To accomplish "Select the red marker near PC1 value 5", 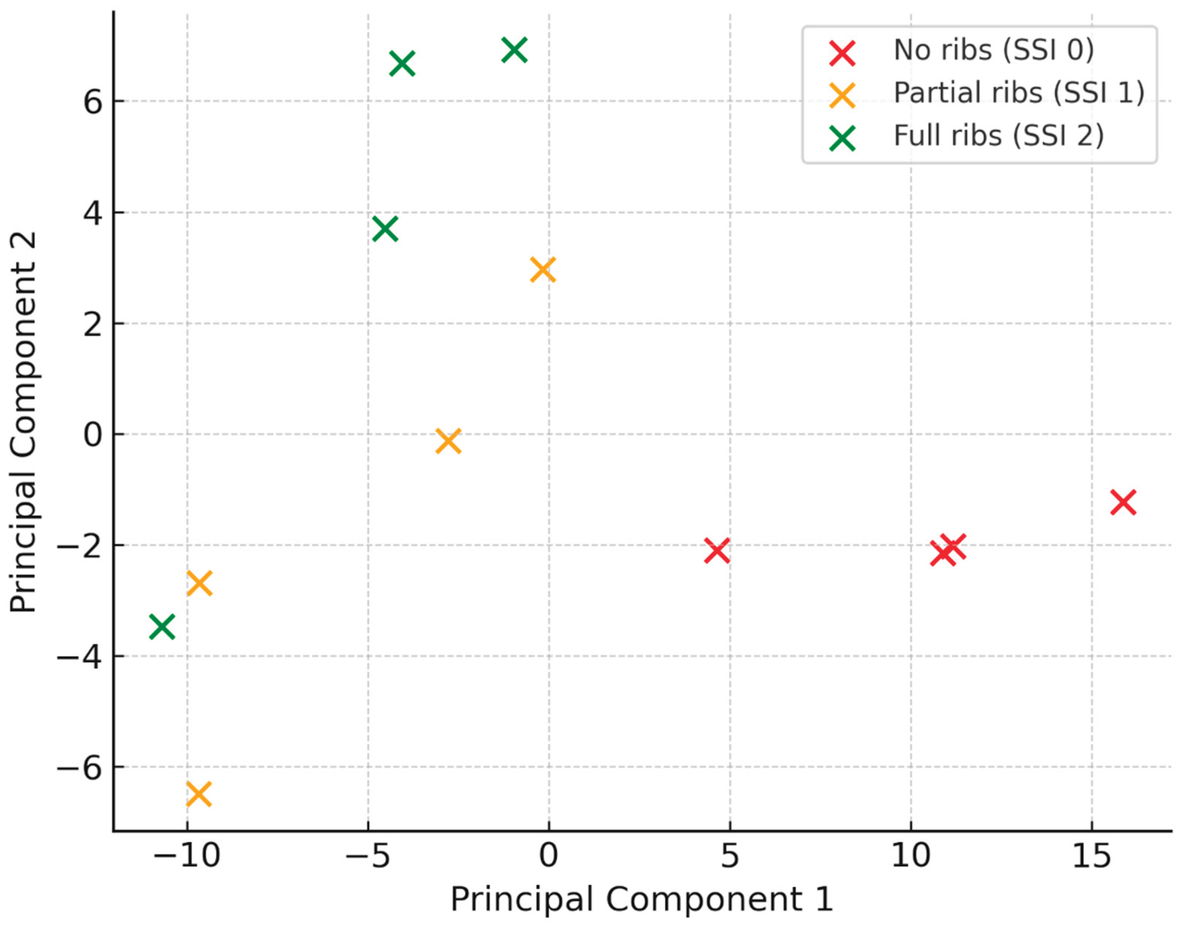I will coord(717,551).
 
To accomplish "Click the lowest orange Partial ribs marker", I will coord(199,794).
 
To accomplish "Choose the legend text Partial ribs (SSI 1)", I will coord(1019,93).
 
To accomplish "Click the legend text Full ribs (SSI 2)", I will coord(999,136).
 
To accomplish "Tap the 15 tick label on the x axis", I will coord(1091,857).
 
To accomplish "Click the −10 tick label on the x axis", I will coord(186,857).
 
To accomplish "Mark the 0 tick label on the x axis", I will coord(549,857).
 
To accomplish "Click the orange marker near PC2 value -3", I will coord(199,584).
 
